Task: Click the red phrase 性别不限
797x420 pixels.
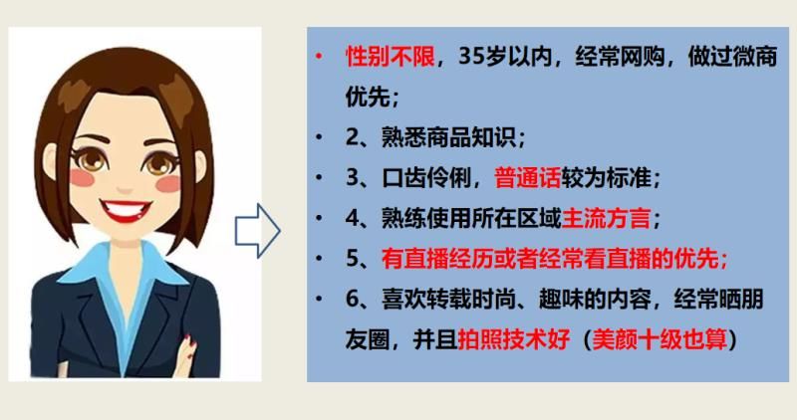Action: pyautogui.click(x=390, y=57)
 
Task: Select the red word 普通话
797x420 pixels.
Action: pyautogui.click(x=527, y=178)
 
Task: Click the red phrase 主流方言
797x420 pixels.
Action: pyautogui.click(x=606, y=218)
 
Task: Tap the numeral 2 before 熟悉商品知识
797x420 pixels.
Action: pyautogui.click(x=353, y=137)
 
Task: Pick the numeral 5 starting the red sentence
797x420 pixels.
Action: pyautogui.click(x=353, y=259)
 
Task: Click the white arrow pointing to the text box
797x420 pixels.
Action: pyautogui.click(x=257, y=231)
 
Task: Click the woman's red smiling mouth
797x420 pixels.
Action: pyautogui.click(x=126, y=210)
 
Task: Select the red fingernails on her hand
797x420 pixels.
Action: pyautogui.click(x=190, y=343)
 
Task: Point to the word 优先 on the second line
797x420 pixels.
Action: pyautogui.click(x=368, y=97)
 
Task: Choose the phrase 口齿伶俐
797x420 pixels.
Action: pyautogui.click(x=426, y=178)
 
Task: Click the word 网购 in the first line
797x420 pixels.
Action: pyautogui.click(x=642, y=57)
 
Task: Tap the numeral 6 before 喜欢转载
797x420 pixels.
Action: pyautogui.click(x=353, y=300)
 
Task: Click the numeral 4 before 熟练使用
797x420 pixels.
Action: pyautogui.click(x=353, y=218)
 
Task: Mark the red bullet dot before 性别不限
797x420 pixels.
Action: pyautogui.click(x=319, y=56)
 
